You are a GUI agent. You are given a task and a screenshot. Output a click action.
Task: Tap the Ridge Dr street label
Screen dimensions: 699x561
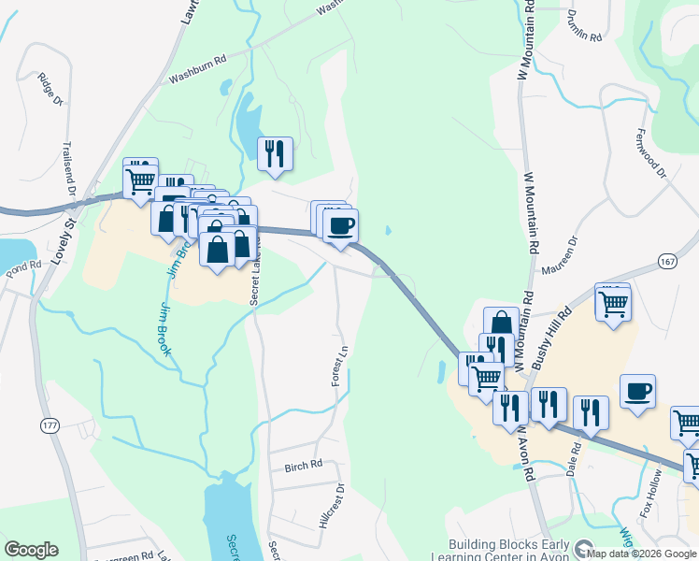[49, 88]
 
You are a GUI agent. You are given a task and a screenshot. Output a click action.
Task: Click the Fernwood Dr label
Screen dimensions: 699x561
[650, 152]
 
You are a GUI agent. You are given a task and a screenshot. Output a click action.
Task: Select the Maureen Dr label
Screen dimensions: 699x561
[560, 254]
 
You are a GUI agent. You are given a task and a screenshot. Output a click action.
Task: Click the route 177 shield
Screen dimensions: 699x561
[49, 425]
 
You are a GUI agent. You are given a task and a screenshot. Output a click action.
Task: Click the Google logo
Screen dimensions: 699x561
[31, 550]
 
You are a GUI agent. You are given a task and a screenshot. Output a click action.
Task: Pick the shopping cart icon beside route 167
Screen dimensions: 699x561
[613, 303]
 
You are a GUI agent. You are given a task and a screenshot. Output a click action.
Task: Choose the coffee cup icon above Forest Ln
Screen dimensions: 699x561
[340, 225]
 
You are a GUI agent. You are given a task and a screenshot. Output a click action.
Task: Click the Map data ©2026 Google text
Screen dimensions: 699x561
[640, 554]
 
